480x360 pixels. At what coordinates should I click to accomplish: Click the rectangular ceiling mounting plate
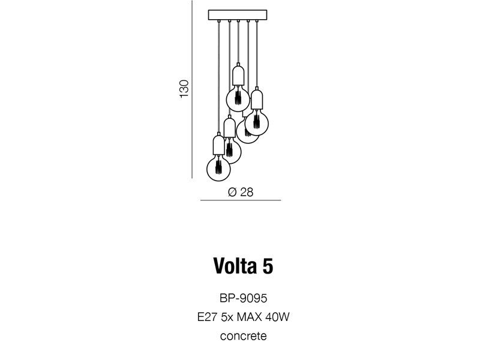click(x=238, y=14)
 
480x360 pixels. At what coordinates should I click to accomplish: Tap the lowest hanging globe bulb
click(x=218, y=169)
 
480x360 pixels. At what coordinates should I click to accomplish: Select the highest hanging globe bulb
click(x=238, y=99)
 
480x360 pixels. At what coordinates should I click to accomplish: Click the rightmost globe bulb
click(x=257, y=123)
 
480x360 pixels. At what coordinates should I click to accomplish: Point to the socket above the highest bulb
click(x=238, y=76)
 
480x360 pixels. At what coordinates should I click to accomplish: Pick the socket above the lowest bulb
click(x=218, y=145)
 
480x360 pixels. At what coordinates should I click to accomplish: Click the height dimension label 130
click(x=184, y=89)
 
